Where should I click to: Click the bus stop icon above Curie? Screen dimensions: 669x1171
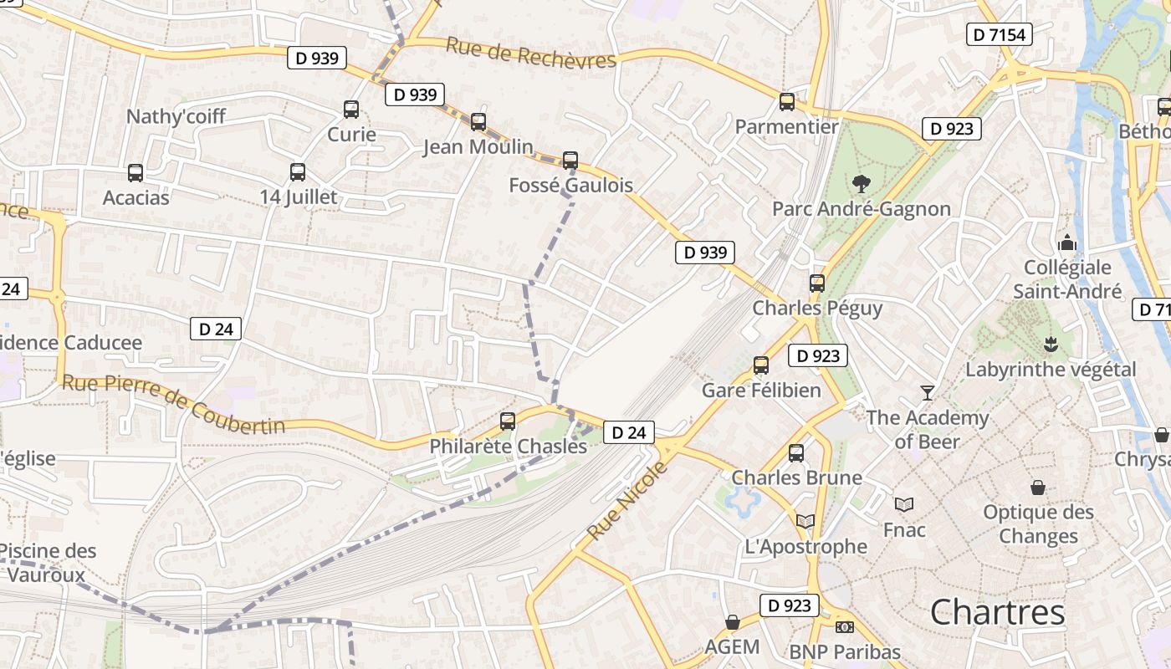pos(351,110)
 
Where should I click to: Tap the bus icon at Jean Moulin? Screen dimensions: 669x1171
pos(478,122)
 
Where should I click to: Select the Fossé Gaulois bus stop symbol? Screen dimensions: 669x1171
pos(570,160)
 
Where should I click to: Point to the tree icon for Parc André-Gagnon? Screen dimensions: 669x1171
pos(861,184)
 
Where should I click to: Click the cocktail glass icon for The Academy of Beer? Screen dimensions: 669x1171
pos(927,392)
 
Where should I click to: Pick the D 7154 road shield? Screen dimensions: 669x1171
pos(999,34)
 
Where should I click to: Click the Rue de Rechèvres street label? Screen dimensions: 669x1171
pos(531,53)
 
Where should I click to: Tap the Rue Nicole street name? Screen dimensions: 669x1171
pos(628,499)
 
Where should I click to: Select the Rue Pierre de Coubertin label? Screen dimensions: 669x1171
pos(174,406)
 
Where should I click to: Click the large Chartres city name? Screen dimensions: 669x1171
pos(998,612)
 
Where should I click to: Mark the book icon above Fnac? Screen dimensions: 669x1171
pos(904,504)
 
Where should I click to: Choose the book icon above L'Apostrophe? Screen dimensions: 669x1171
pos(805,521)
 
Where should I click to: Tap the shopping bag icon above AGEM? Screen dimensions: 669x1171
pos(733,622)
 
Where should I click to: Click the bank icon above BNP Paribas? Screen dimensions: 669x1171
pos(845,626)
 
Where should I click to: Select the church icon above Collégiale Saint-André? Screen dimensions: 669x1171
pos(1067,243)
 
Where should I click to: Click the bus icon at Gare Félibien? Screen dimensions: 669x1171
pos(761,365)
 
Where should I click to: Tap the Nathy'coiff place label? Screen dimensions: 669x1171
pos(176,116)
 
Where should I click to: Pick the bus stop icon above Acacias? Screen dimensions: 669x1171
pos(136,173)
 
